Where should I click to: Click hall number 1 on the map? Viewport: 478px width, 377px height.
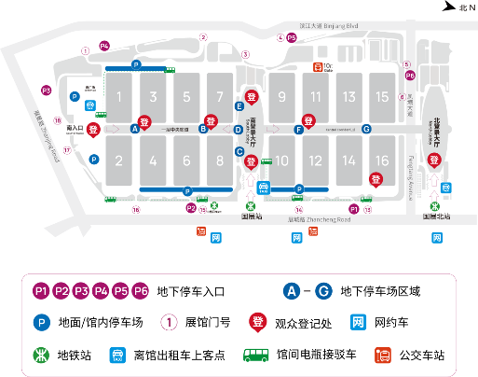(119, 96)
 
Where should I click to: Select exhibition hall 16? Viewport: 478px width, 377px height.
(382, 161)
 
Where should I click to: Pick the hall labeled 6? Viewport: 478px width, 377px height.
(186, 161)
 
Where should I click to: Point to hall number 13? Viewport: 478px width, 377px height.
(348, 96)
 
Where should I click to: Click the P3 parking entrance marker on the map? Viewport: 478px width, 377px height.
(46, 91)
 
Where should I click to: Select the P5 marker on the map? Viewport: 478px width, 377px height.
(292, 38)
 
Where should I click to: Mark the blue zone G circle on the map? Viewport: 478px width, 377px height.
(366, 129)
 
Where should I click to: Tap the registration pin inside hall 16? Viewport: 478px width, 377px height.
(376, 178)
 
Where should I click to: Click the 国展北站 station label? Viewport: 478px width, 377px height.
(435, 216)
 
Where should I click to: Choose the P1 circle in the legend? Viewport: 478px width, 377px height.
(41, 290)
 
